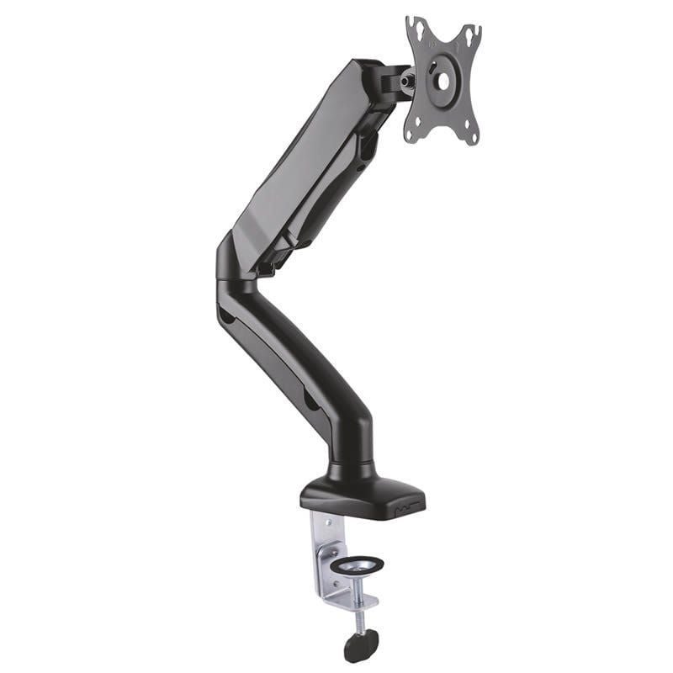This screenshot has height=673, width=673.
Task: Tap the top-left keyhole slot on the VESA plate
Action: pyautogui.click(x=417, y=30)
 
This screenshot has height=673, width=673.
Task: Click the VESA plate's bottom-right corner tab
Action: pyautogui.click(x=470, y=135)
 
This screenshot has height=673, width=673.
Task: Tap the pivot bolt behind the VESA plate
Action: pyautogui.click(x=408, y=82)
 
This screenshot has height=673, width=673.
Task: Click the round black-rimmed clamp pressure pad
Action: pyautogui.click(x=357, y=564)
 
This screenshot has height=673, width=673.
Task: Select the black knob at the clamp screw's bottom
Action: pyautogui.click(x=361, y=644)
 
